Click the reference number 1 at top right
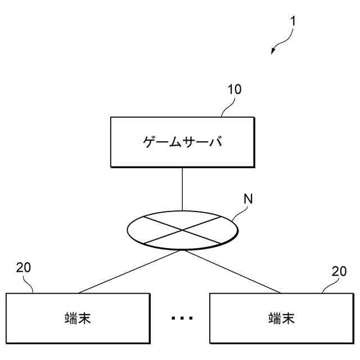293,22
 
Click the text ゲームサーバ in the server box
181,142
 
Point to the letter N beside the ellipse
247,199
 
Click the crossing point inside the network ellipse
182,229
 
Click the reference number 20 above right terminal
339,271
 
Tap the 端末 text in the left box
78,319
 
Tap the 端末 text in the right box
281,319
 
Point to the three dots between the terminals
182,319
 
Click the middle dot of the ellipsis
182,319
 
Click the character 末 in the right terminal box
288,319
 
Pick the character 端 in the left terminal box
71,319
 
